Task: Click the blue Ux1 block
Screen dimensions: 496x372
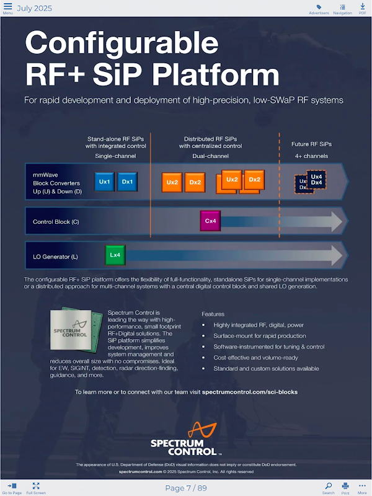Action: click(x=104, y=182)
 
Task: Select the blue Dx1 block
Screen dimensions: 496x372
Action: click(x=127, y=182)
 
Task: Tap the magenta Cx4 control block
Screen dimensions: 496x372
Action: click(x=210, y=221)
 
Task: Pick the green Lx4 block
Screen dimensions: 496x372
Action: click(x=115, y=255)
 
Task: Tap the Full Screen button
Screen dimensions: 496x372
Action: click(x=36, y=487)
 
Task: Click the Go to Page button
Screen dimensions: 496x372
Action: click(x=12, y=487)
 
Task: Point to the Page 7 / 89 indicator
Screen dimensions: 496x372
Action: click(x=186, y=488)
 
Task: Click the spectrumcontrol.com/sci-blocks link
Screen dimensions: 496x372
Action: click(x=249, y=392)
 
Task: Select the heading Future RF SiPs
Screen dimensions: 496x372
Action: click(x=311, y=144)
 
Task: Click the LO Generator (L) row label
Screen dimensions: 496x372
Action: click(x=55, y=255)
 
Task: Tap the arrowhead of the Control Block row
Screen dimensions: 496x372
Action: click(x=335, y=221)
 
